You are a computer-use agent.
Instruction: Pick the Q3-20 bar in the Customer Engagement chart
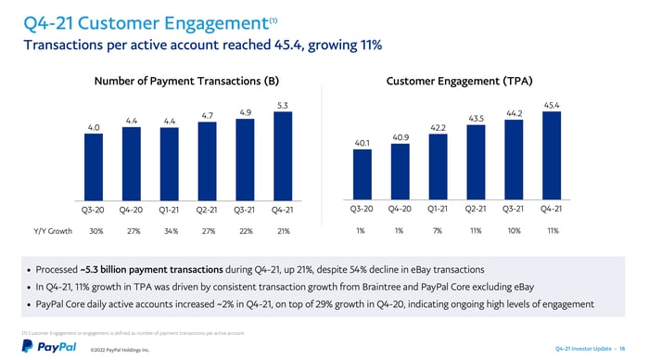point(362,171)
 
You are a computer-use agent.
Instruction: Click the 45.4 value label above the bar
point(553,105)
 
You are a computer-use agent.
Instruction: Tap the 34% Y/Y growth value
point(169,230)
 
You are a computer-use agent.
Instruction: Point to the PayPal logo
point(43,345)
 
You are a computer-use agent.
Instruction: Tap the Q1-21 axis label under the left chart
point(169,209)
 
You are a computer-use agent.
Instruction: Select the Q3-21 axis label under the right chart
point(515,209)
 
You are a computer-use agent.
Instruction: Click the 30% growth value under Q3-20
point(95,230)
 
